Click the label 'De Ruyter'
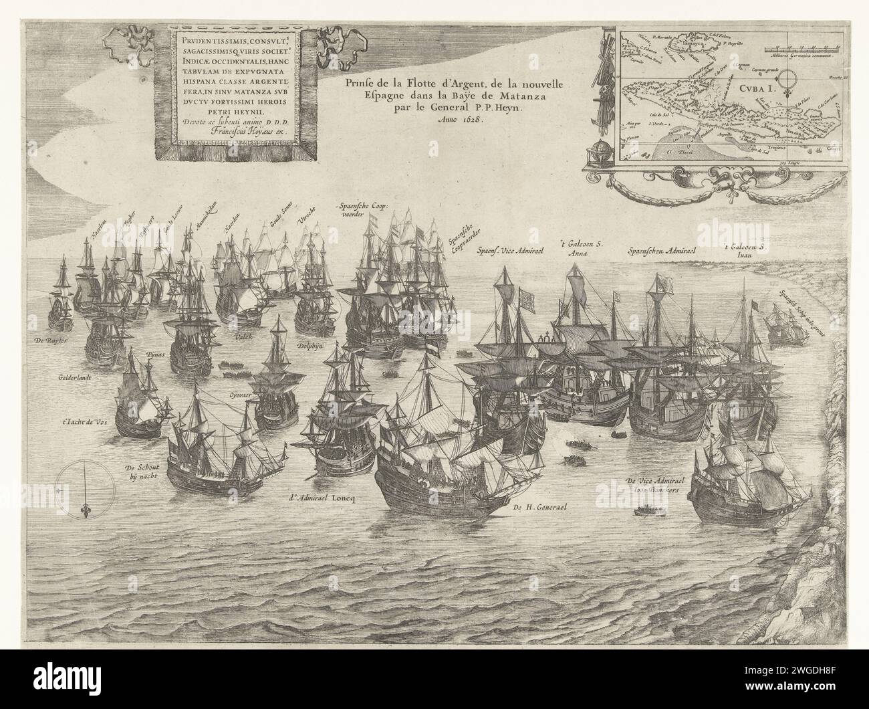pyautogui.click(x=51, y=341)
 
